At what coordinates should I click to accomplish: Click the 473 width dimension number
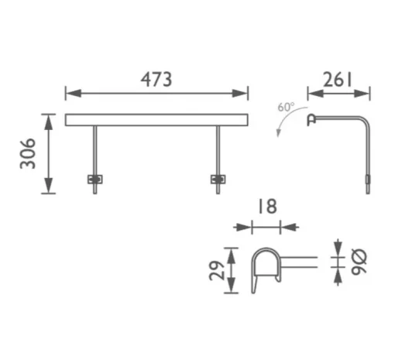(156, 79)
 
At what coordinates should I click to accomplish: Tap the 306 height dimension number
(28, 153)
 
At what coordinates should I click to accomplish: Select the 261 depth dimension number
(338, 80)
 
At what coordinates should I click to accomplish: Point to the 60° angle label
(286, 107)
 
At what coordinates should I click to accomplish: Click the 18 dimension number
(268, 206)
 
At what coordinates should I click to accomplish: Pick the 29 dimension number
(216, 270)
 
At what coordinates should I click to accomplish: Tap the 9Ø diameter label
(359, 262)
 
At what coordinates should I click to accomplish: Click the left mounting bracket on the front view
(95, 180)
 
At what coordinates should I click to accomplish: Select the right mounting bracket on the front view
(218, 180)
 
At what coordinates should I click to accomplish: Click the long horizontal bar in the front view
(156, 120)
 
